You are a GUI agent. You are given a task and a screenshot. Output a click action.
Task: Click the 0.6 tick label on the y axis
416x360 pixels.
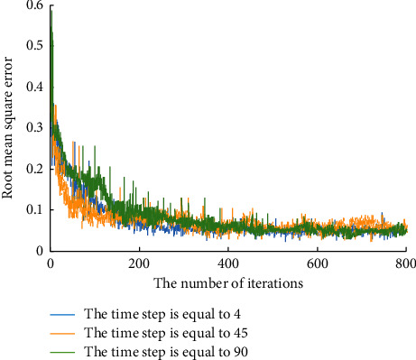click(35, 5)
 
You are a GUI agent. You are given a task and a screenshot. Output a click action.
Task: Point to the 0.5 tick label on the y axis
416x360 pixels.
click(35, 46)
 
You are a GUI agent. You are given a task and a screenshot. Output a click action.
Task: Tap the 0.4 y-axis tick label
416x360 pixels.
click(35, 87)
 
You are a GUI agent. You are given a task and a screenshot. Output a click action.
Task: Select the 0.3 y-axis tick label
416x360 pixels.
click(35, 127)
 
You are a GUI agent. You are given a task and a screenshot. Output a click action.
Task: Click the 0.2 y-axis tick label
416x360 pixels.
click(35, 169)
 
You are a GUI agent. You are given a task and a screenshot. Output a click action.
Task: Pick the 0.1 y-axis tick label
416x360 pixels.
click(35, 209)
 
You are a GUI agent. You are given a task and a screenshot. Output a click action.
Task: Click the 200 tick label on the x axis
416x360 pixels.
click(139, 263)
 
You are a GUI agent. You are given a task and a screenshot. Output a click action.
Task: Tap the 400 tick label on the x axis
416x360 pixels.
click(228, 263)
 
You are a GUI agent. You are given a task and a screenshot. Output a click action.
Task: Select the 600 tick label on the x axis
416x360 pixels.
click(317, 263)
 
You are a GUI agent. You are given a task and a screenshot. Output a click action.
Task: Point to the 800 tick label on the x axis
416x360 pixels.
click(405, 263)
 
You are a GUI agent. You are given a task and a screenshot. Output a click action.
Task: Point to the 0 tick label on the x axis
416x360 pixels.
click(51, 263)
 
